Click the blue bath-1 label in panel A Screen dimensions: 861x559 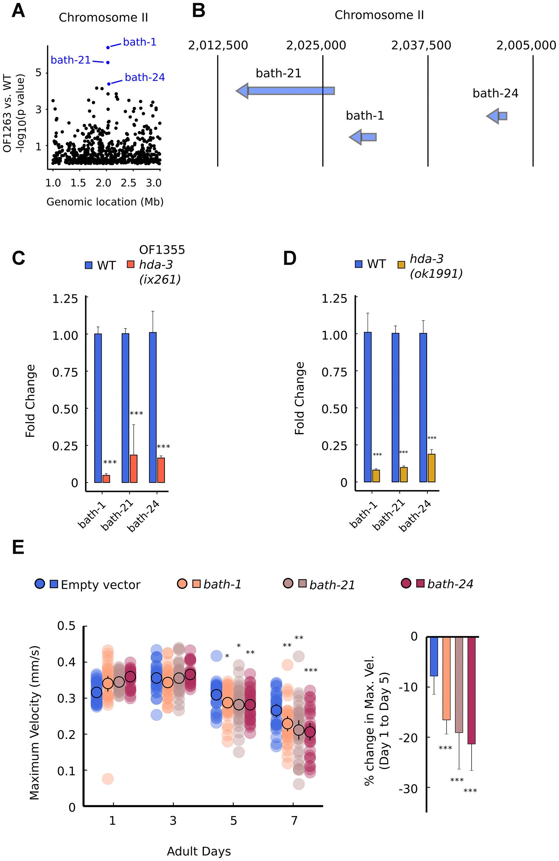[x=140, y=42]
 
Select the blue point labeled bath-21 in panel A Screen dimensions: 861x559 [x=108, y=62]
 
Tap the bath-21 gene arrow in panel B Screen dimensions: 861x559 [x=285, y=90]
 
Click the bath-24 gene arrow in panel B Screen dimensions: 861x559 [x=497, y=116]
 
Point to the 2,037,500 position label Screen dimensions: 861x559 [x=421, y=46]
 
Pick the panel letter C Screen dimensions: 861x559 [x=18, y=258]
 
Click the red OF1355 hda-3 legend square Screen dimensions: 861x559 [x=131, y=264]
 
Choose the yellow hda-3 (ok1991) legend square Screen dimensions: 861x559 [x=401, y=265]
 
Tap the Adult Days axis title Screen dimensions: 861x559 [x=199, y=851]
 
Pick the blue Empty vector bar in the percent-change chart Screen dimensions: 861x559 [x=434, y=656]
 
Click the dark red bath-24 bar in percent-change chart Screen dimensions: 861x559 [x=472, y=690]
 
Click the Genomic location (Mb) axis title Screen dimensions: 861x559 [x=105, y=202]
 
